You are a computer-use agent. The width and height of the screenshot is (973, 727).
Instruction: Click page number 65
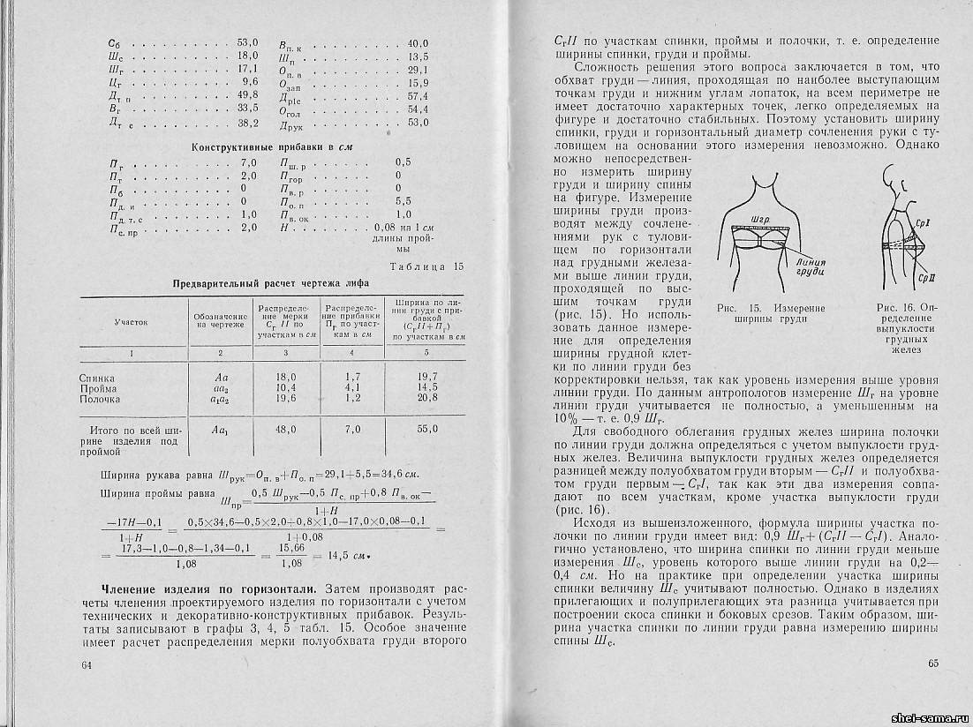click(x=935, y=663)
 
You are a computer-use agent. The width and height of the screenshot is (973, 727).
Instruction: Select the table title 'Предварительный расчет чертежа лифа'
click(x=271, y=283)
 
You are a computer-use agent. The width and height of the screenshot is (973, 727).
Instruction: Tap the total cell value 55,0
click(x=426, y=428)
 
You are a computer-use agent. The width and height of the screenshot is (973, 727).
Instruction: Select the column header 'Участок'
click(x=131, y=324)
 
